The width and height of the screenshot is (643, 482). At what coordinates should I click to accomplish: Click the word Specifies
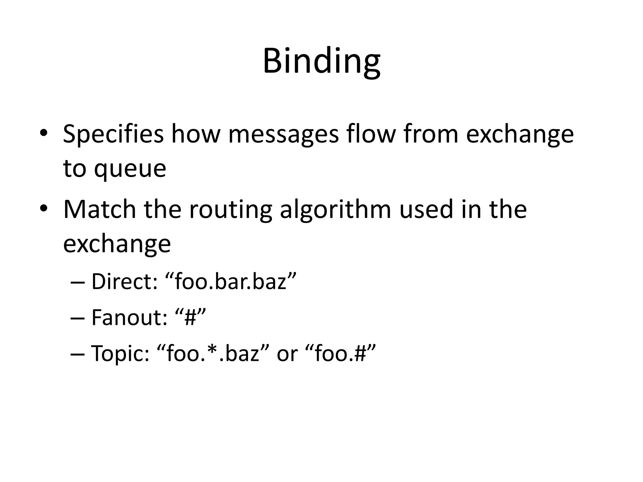(113, 134)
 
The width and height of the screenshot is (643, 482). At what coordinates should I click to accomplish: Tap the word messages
(284, 134)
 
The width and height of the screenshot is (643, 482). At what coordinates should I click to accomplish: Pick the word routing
(230, 210)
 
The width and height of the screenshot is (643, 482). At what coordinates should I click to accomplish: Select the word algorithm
(335, 210)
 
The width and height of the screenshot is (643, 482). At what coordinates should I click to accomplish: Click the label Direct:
(124, 281)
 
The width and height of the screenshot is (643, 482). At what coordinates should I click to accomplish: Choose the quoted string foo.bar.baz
(231, 281)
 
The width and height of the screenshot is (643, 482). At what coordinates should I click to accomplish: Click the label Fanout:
(129, 317)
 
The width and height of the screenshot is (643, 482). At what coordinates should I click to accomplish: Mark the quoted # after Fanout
(190, 317)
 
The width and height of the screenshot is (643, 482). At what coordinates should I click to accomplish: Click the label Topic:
(120, 353)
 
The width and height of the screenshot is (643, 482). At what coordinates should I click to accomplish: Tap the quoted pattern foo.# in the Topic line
(340, 353)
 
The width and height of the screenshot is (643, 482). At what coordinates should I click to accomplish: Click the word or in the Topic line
(287, 354)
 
